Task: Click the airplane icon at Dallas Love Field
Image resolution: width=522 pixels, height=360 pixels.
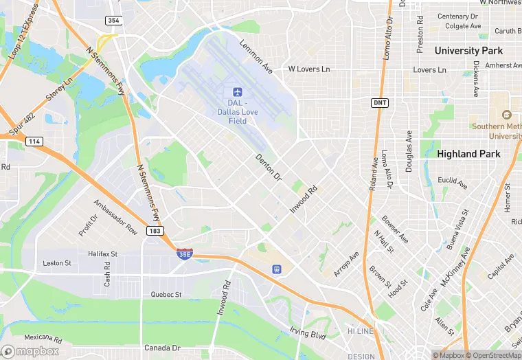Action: point(238,92)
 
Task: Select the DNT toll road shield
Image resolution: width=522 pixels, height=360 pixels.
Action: point(379,103)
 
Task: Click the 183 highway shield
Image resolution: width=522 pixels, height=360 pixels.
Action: point(155,232)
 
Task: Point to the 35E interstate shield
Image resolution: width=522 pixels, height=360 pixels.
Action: point(184,254)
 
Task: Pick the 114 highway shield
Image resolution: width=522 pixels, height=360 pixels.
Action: point(34,141)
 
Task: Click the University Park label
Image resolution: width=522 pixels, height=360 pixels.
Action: point(468,51)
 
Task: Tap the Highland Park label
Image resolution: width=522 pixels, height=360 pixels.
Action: point(469,154)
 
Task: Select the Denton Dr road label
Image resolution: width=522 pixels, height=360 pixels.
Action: point(269,167)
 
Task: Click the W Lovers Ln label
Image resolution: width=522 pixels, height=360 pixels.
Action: point(309,69)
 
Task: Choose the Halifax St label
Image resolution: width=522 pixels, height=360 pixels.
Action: point(103,254)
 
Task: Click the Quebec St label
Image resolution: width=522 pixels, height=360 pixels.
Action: point(166,294)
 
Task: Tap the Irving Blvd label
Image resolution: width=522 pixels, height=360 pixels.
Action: point(307,334)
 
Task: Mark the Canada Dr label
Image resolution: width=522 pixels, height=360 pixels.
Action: point(163,348)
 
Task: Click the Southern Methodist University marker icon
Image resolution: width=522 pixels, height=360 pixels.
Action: point(507,115)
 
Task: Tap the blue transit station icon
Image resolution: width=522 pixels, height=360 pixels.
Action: point(277,269)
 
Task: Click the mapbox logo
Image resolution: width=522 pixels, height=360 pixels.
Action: point(31,351)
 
